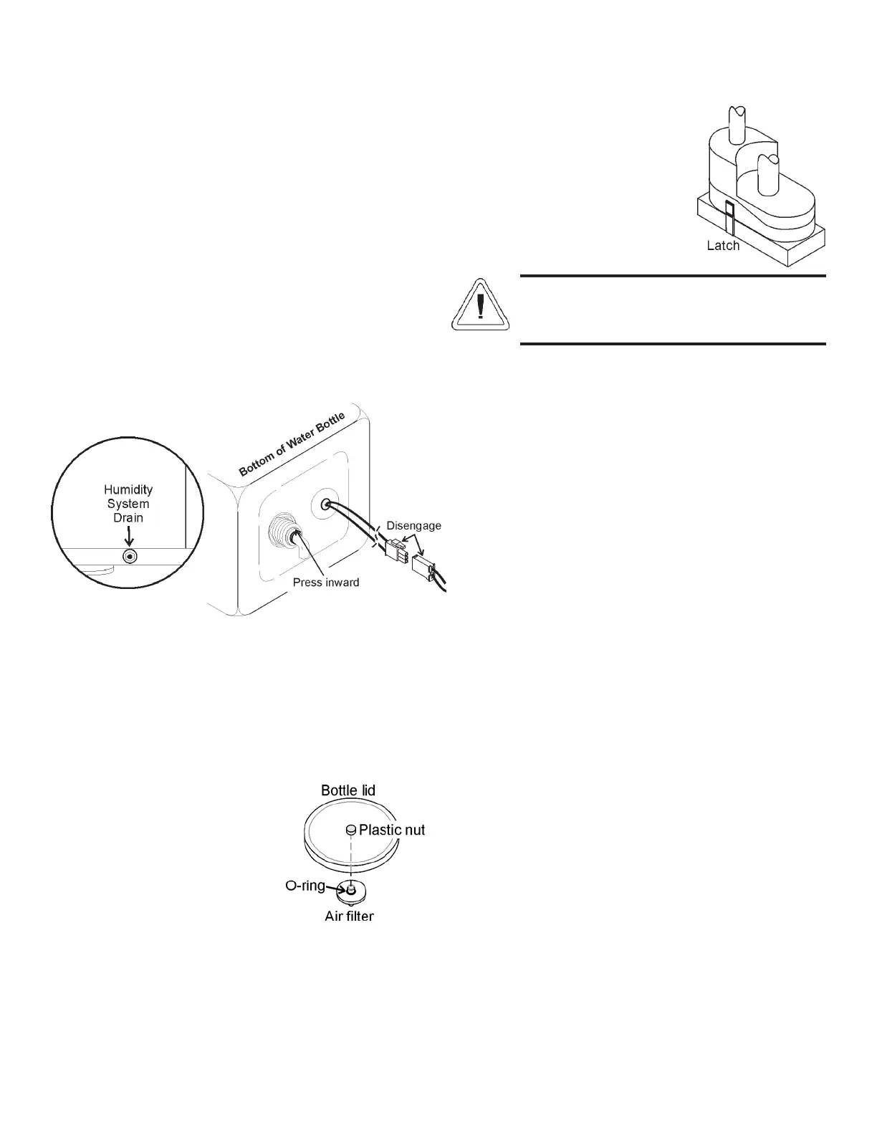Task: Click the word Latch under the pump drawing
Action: pyautogui.click(x=722, y=246)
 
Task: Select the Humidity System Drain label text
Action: pyautogui.click(x=128, y=503)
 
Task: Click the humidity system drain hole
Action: pyautogui.click(x=129, y=557)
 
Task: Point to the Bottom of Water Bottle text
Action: pyautogui.click(x=292, y=444)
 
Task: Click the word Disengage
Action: pyautogui.click(x=413, y=525)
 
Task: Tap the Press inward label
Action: pyautogui.click(x=326, y=582)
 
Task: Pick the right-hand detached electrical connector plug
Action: pyautogui.click(x=423, y=567)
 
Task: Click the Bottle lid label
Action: pyautogui.click(x=348, y=790)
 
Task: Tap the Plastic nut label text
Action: pyautogui.click(x=392, y=830)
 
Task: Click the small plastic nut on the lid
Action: pyautogui.click(x=351, y=830)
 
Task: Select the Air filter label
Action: pyautogui.click(x=349, y=916)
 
